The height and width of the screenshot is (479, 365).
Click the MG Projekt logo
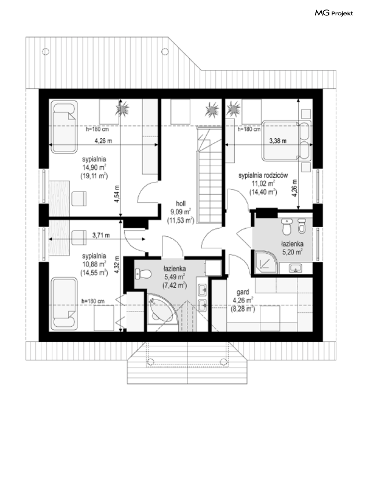tap(333, 13)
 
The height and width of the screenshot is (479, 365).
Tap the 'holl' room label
tap(181, 204)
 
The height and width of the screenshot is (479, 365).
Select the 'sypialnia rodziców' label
tap(263, 175)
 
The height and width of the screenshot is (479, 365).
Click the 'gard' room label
tap(243, 292)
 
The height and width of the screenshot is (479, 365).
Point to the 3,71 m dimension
tap(101, 235)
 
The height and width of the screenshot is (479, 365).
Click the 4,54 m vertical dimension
tap(117, 194)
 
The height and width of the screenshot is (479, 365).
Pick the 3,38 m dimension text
tap(278, 141)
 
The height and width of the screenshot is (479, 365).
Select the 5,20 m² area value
tap(292, 252)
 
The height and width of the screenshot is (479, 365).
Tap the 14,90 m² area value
tap(94, 167)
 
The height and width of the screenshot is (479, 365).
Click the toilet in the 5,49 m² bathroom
tap(143, 274)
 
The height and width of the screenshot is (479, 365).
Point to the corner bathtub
tap(163, 312)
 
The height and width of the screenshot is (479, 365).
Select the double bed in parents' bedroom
tap(286, 141)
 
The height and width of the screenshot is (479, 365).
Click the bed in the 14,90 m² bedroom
tap(64, 127)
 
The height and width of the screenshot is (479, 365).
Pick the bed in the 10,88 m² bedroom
tap(64, 304)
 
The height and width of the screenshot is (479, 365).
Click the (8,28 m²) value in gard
tap(243, 309)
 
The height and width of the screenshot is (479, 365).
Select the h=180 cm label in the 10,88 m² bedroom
tap(93, 301)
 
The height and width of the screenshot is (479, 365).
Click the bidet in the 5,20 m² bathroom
tap(302, 226)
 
